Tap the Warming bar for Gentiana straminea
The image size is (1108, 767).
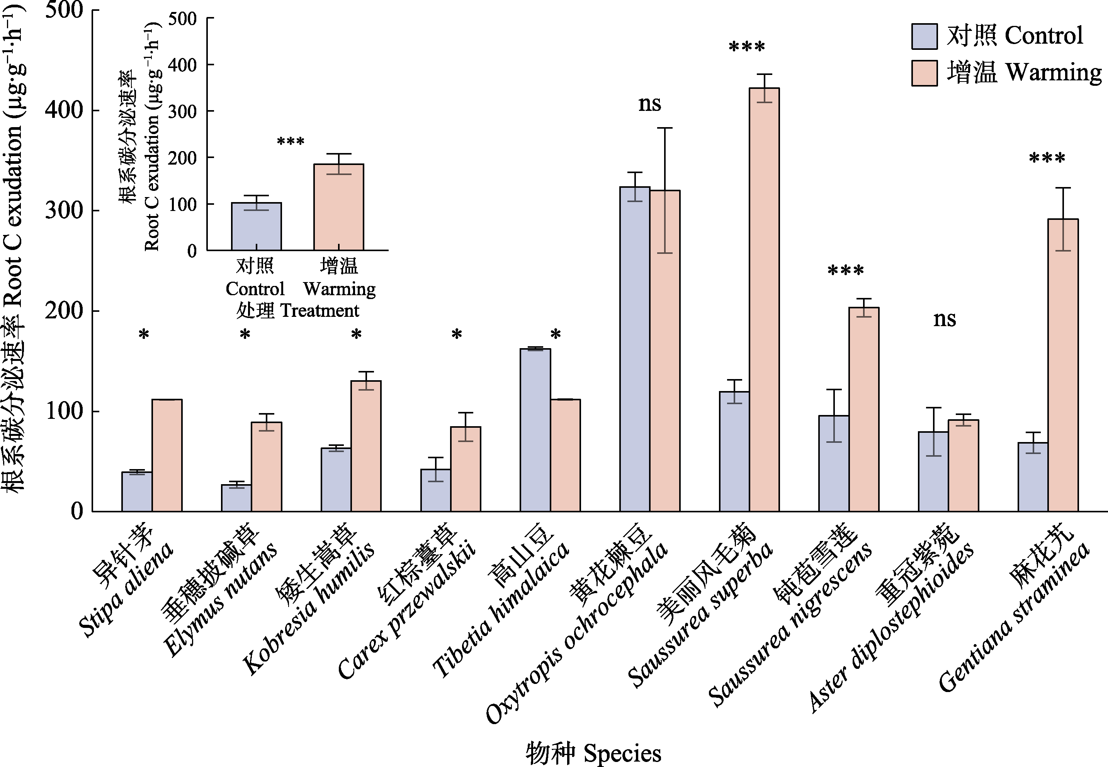1063,365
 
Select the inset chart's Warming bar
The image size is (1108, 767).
339,207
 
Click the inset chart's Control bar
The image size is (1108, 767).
256,226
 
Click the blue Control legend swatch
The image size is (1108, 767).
924,37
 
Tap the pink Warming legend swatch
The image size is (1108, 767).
924,73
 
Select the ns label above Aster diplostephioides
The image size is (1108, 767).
944,319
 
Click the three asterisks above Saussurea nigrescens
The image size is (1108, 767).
846,271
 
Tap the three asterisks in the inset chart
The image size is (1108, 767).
291,142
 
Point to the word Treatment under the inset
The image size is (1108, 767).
319,311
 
